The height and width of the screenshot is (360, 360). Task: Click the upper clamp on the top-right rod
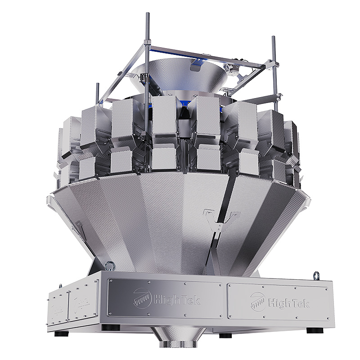pyautogui.click(x=273, y=65)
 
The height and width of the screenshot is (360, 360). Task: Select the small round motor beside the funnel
pyautogui.click(x=234, y=67)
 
